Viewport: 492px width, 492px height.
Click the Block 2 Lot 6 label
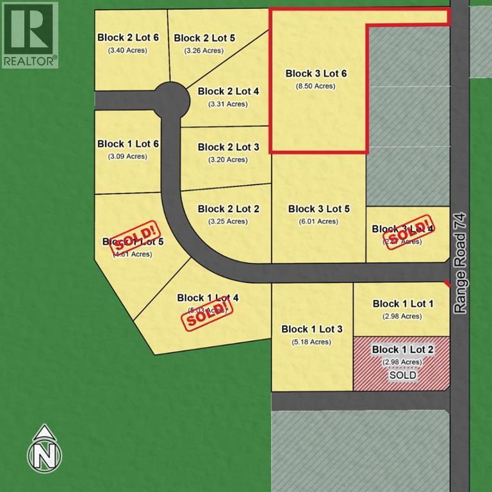coord(128,37)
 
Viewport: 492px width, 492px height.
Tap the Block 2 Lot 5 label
coord(204,38)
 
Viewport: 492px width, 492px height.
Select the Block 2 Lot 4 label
coord(228,92)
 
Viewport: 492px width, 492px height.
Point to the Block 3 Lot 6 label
coord(316,74)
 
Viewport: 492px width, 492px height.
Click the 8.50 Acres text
coord(315,86)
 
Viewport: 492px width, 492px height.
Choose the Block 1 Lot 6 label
coord(128,144)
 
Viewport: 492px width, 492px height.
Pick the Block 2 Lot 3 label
coord(228,147)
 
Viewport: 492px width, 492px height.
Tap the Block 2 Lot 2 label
coord(228,209)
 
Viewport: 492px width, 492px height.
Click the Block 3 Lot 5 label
coord(319,209)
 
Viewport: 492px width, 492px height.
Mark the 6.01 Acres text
coord(318,222)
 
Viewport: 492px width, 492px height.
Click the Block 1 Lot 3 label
coord(312,329)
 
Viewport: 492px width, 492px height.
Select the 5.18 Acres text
coord(312,342)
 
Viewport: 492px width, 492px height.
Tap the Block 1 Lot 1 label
coord(403,304)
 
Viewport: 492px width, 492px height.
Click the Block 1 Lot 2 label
coord(403,350)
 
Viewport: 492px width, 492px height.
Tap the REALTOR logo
coord(29,34)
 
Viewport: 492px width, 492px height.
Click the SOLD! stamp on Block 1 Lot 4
coord(207,313)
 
